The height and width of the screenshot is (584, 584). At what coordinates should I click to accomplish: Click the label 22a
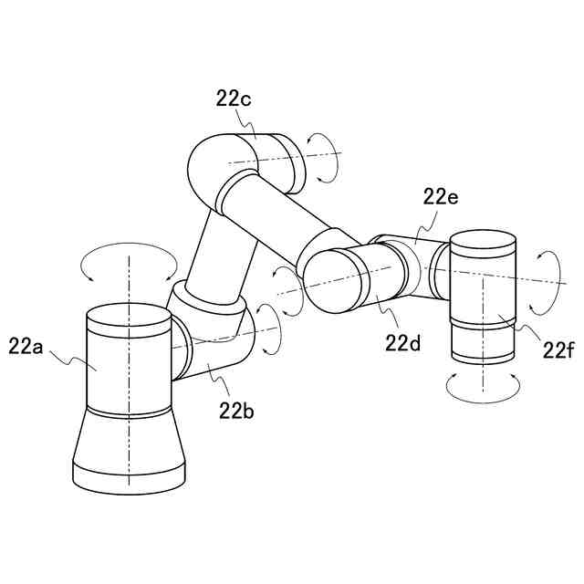pyautogui.click(x=27, y=345)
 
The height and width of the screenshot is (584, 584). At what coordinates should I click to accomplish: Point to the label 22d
pyautogui.click(x=401, y=343)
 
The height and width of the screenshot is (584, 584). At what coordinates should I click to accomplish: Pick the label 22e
pyautogui.click(x=440, y=196)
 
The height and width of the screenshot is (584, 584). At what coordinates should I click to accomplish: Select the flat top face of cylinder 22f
pyautogui.click(x=484, y=241)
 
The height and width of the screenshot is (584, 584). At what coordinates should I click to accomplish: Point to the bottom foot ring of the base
pyautogui.click(x=129, y=476)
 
